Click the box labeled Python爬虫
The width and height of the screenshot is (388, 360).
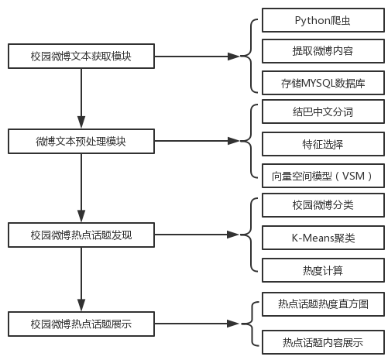323,20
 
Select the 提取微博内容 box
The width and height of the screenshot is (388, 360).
323,51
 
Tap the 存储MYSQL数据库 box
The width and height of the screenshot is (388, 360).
323,83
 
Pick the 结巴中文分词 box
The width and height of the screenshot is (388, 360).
323,111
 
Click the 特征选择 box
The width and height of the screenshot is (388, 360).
323,144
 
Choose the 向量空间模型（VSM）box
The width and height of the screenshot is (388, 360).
323,176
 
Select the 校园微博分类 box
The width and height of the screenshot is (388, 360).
323,205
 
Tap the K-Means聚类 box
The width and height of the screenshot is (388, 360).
323,238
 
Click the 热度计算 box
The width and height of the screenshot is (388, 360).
323,270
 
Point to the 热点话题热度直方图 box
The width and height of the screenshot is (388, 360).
323,304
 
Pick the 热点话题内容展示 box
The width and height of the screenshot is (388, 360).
323,342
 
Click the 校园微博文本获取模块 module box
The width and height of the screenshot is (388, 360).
81,56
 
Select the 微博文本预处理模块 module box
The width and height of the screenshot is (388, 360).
81,141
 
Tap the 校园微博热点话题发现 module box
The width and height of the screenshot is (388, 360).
81,235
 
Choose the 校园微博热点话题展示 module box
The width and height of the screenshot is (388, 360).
81,324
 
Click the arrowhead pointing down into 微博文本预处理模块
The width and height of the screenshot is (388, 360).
81,122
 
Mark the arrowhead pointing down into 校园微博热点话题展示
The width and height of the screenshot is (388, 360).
81,305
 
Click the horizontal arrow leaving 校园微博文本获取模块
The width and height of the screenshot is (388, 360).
197,56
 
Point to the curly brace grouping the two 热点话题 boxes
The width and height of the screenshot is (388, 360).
250,324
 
